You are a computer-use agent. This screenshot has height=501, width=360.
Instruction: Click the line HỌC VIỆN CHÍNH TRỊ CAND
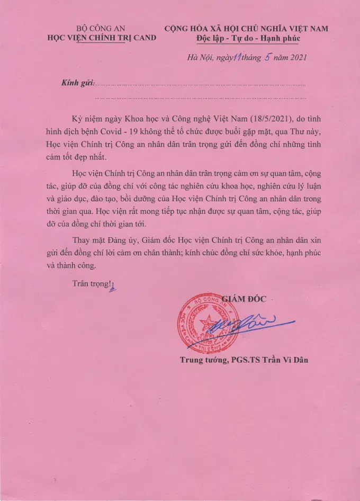coord(102,38)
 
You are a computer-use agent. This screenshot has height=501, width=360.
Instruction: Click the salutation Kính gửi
coord(77,84)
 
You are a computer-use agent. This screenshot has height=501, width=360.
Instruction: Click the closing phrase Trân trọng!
coord(92,283)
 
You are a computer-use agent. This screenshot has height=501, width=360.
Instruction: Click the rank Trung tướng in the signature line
coord(202,360)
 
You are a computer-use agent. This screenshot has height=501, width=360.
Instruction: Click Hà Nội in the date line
coord(199,58)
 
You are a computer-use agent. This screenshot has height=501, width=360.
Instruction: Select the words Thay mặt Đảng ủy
coord(102,239)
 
